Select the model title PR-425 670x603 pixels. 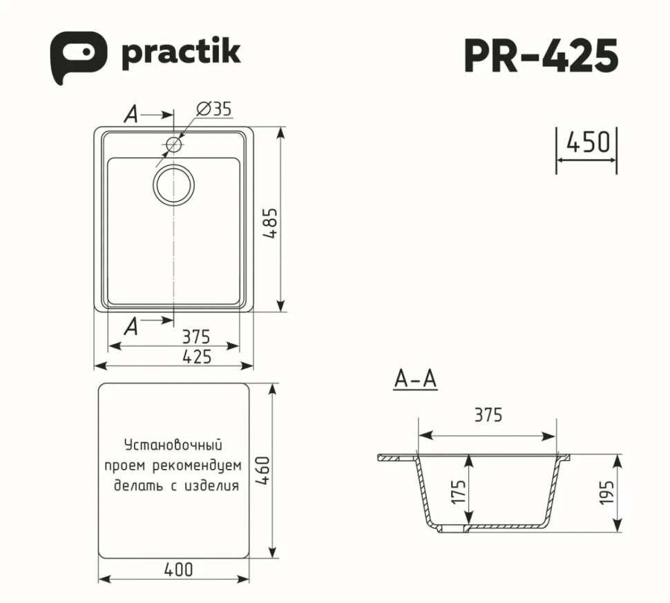tap(540, 55)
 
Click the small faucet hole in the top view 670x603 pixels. tap(173, 145)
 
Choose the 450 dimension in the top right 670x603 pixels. tap(587, 142)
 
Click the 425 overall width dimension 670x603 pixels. tap(197, 356)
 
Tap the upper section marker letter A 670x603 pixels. tap(131, 115)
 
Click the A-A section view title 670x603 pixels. tap(415, 379)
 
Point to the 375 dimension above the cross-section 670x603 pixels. tap(488, 415)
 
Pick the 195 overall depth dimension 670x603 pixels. tap(607, 493)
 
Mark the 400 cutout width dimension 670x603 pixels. tap(178, 570)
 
